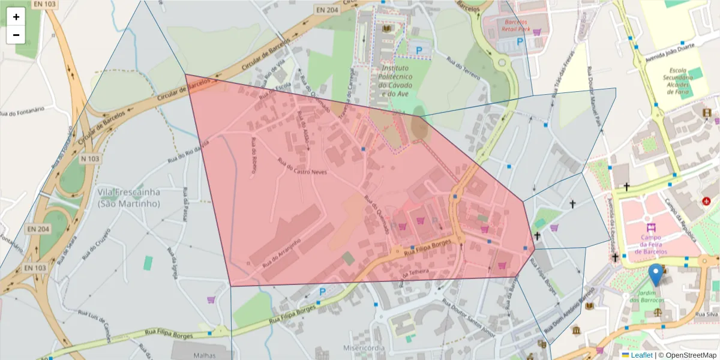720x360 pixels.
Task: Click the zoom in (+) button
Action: (16, 17)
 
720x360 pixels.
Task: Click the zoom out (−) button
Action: (16, 35)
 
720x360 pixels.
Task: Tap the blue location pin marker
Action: (656, 275)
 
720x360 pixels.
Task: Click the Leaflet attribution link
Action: (640, 355)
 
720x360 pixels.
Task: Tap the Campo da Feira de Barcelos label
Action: (651, 244)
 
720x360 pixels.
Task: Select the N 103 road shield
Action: (89, 158)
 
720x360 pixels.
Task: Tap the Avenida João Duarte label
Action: (679, 47)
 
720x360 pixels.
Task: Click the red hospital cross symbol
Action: (706, 201)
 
